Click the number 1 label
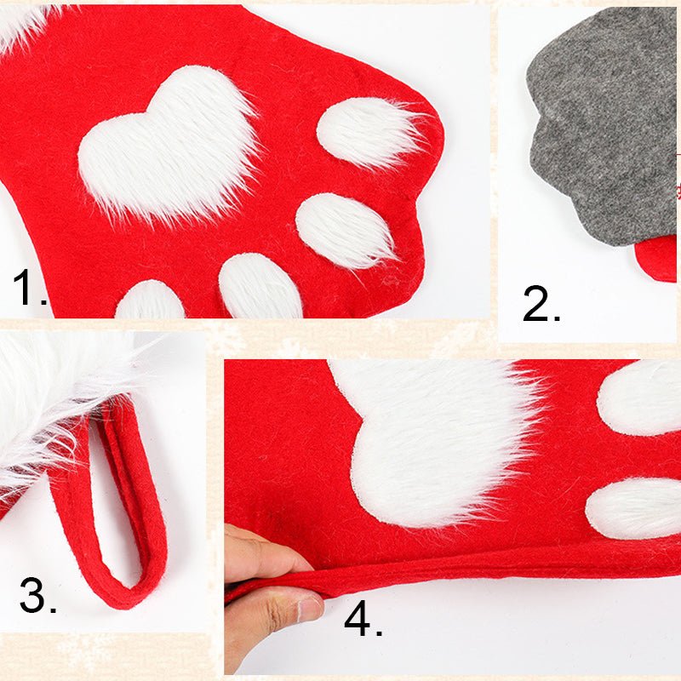click(30, 287)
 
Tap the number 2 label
click(541, 304)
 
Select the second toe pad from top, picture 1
click(346, 230)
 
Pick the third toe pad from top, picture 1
click(260, 287)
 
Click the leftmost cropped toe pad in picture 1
click(150, 300)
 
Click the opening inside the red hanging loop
click(114, 500)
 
